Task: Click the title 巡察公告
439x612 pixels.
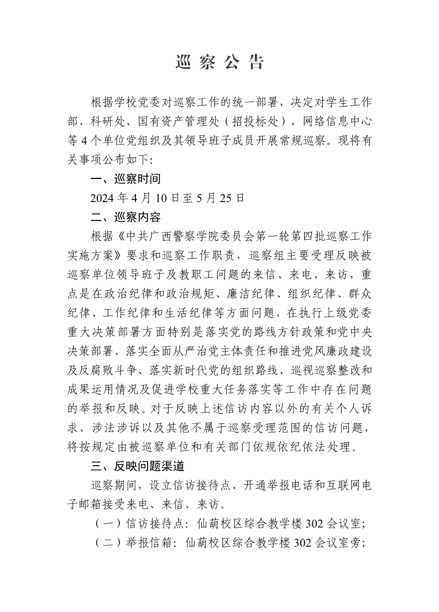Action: pyautogui.click(x=219, y=62)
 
